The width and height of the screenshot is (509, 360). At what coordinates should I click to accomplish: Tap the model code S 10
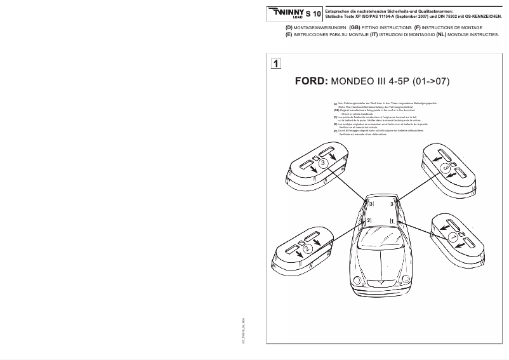tap(314, 13)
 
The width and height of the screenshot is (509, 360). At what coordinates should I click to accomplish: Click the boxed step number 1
tap(276, 63)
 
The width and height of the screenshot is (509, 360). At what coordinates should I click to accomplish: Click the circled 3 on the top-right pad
tap(445, 167)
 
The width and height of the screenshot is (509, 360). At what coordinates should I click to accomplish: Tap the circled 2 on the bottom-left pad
tap(307, 250)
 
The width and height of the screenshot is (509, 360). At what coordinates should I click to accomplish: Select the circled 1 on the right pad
tap(453, 236)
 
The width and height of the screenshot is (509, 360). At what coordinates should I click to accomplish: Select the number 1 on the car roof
tap(392, 220)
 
